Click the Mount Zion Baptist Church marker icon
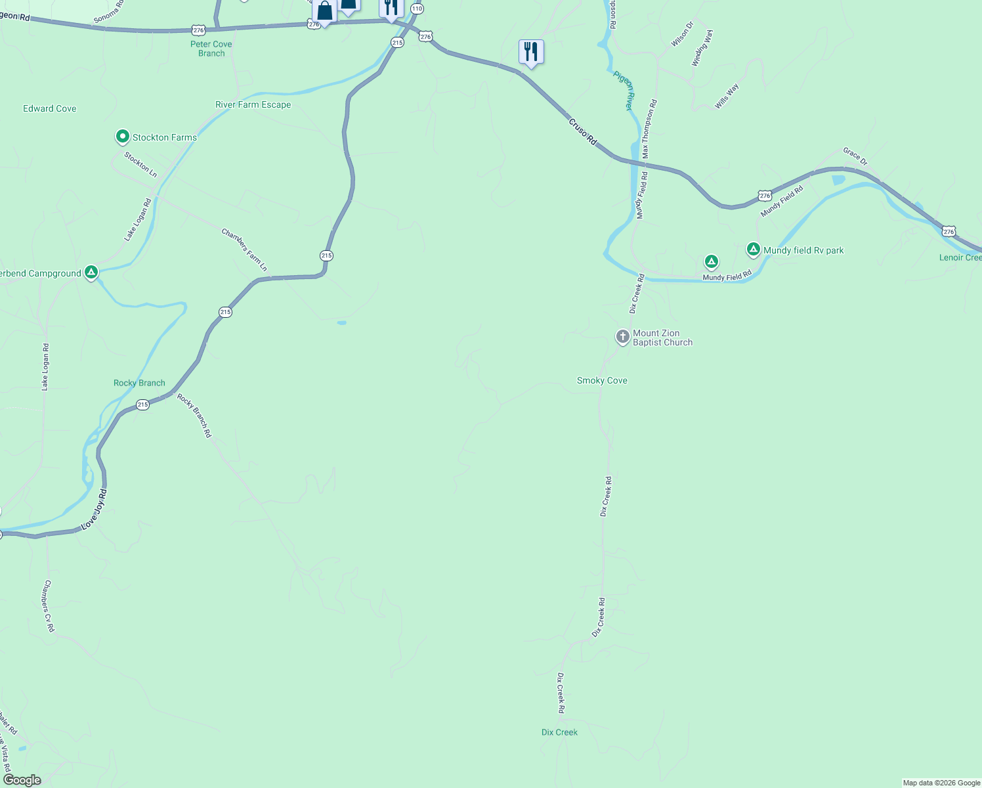622,337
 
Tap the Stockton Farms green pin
122,137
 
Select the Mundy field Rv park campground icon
754,250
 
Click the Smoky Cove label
602,380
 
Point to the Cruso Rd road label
582,131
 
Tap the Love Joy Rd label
93,510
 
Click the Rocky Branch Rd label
194,415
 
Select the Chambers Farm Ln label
244,250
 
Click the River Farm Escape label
253,104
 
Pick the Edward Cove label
50,108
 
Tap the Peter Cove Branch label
211,49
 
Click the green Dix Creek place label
559,732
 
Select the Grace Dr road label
855,156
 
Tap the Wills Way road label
727,96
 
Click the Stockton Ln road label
140,165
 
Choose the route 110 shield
417,9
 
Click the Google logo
22,780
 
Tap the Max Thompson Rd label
649,129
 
